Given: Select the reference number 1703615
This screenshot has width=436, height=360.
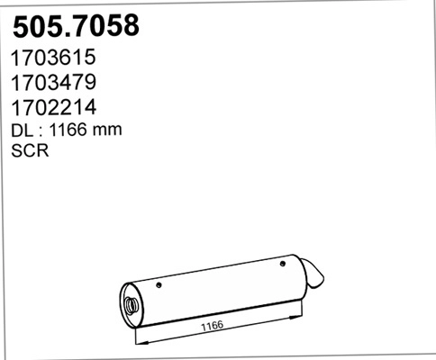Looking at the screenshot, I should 53,58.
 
